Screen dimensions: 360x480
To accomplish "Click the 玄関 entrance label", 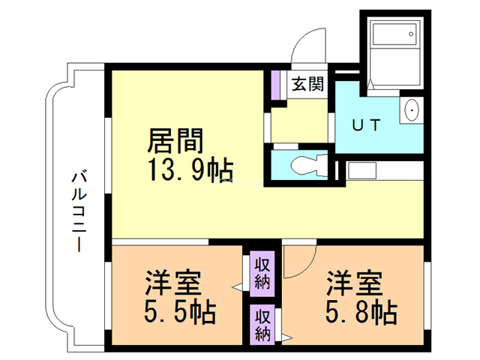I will pyautogui.click(x=307, y=83).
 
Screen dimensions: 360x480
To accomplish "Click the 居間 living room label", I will pyautogui.click(x=175, y=140).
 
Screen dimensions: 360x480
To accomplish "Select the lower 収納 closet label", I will pyautogui.click(x=262, y=323).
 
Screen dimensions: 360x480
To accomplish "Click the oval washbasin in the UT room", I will pyautogui.click(x=412, y=112).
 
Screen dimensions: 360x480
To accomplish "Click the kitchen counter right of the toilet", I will pyautogui.click(x=382, y=170).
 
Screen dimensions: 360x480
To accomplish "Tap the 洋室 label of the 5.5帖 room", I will pyautogui.click(x=173, y=283).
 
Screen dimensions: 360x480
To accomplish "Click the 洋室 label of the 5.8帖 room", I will pyautogui.click(x=355, y=283).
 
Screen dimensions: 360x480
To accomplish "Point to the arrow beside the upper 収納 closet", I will pyautogui.click(x=237, y=286).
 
